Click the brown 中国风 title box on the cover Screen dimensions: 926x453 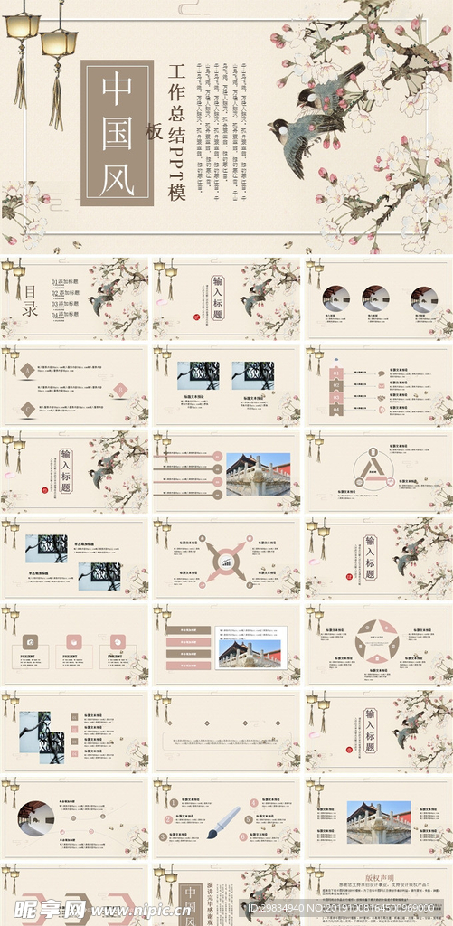[117, 133]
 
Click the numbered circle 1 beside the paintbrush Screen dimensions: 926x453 [174, 801]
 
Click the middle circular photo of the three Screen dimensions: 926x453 [375, 297]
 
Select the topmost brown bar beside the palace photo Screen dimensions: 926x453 [187, 630]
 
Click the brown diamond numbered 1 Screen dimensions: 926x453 [27, 369]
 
